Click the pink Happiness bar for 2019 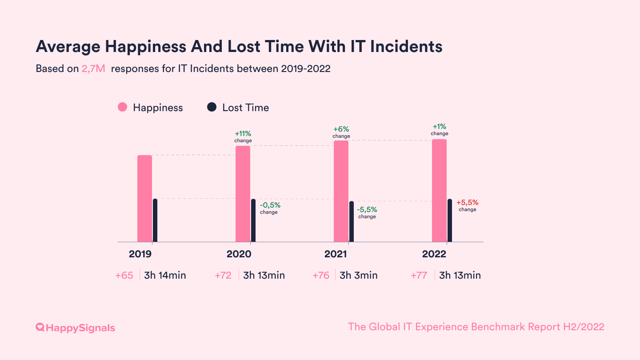pyautogui.click(x=144, y=198)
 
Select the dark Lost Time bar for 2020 pyautogui.click(x=253, y=220)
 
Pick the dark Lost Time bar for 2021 pyautogui.click(x=352, y=221)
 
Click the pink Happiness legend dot pyautogui.click(x=123, y=108)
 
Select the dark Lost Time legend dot pyautogui.click(x=212, y=108)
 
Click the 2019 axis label pyautogui.click(x=140, y=254)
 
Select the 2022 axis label pyautogui.click(x=434, y=254)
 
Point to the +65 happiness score pyautogui.click(x=124, y=276)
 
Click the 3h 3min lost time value pyautogui.click(x=358, y=276)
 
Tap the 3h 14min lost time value pyautogui.click(x=165, y=276)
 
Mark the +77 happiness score pyautogui.click(x=419, y=276)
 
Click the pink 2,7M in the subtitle pyautogui.click(x=93, y=69)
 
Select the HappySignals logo pyautogui.click(x=75, y=328)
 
